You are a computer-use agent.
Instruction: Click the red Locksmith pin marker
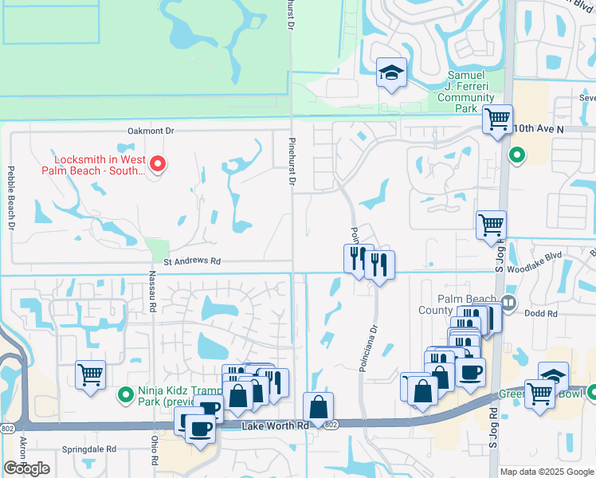tap(158, 163)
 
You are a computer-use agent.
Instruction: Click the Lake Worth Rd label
tap(275, 427)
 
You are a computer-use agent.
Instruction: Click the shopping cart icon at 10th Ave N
tap(498, 119)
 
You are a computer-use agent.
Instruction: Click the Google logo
tap(26, 468)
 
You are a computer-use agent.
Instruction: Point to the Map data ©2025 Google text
tap(546, 472)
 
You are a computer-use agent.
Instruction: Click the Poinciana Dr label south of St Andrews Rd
tap(373, 346)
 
